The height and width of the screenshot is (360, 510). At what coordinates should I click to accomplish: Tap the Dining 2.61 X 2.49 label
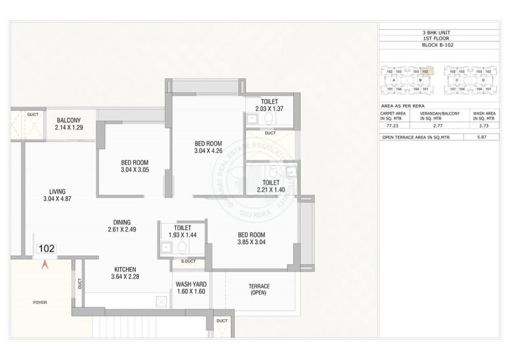coord(124,225)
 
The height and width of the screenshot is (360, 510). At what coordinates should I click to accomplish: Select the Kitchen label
coord(125,273)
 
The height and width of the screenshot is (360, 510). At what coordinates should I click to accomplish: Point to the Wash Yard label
coord(189,287)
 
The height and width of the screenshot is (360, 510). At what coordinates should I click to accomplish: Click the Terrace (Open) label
coord(259,290)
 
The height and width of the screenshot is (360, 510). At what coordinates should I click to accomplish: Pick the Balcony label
coord(68,124)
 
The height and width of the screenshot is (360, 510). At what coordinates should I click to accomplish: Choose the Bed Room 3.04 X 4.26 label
coord(208,147)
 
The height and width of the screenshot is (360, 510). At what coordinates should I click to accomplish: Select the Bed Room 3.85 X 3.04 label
coord(252,238)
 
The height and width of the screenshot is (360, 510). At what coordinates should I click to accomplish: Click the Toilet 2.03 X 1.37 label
coord(270,106)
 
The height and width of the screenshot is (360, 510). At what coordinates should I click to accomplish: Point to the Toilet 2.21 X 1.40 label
coord(270,185)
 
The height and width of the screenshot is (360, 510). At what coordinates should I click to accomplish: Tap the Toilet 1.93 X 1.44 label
coord(183,231)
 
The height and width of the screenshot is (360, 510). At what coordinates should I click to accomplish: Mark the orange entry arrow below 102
coord(45,264)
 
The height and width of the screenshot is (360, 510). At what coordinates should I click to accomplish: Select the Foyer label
coord(40,303)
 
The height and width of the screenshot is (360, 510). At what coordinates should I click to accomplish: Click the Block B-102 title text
coord(438,46)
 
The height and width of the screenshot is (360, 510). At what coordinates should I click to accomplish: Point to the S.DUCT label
coord(188,262)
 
